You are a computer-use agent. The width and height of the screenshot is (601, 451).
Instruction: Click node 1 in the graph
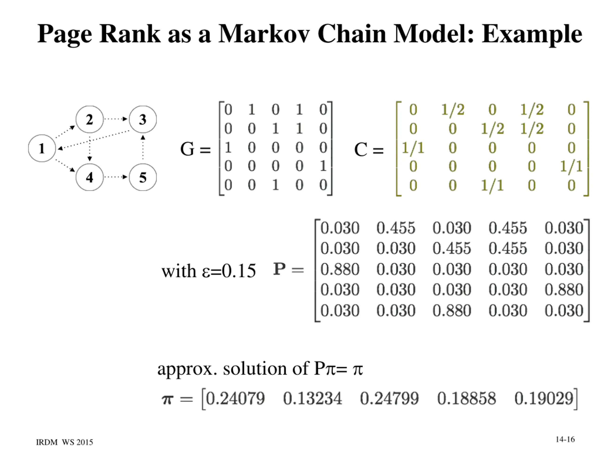[42, 148]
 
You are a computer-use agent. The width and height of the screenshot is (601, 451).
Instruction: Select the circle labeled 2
[89, 119]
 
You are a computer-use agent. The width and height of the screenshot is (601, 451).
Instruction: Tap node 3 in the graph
[143, 119]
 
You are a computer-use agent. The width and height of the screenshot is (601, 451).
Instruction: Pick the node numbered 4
[89, 177]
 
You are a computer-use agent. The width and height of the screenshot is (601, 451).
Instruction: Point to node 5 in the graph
[143, 177]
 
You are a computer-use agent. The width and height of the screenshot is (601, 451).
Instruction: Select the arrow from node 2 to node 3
[116, 119]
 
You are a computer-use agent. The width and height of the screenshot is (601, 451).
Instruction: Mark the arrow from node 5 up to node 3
[143, 148]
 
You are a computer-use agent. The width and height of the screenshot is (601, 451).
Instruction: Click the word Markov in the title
[264, 34]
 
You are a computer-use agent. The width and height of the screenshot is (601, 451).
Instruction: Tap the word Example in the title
[532, 34]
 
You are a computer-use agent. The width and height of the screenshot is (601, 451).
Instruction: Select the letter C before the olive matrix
[361, 150]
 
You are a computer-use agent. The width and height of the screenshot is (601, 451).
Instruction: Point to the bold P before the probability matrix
[280, 269]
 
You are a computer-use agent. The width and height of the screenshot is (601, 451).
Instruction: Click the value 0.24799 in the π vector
[389, 399]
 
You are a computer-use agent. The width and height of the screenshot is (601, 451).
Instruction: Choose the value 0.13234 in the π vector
[312, 399]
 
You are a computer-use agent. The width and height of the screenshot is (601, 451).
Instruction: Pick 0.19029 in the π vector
[544, 399]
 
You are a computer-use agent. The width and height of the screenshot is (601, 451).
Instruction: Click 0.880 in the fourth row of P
[564, 290]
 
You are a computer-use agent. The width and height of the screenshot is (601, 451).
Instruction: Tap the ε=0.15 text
[229, 271]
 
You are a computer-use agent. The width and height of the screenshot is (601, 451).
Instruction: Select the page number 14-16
[565, 439]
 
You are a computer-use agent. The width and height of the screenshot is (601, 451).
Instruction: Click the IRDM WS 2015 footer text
[65, 442]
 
